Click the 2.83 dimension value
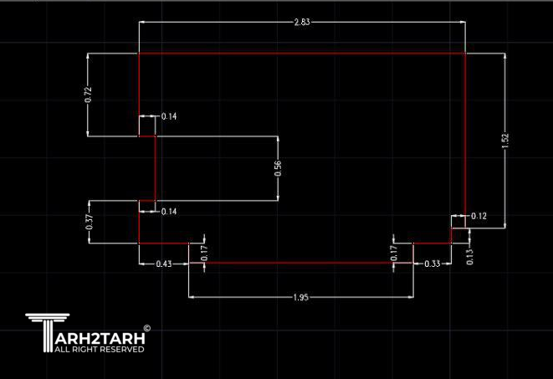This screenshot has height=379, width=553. [x=302, y=23]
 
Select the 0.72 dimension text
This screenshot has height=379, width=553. [x=90, y=95]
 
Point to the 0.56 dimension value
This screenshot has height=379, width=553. [x=278, y=168]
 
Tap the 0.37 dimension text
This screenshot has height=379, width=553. [x=90, y=223]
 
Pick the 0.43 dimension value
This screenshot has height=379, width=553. [x=164, y=264]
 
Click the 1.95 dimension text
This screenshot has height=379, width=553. [x=301, y=297]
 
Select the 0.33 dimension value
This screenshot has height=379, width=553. [x=433, y=264]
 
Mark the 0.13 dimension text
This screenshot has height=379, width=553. [x=469, y=257]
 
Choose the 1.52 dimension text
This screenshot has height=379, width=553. [x=505, y=141]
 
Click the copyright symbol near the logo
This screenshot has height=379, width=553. [x=147, y=329]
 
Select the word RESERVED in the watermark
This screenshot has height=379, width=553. [x=122, y=350]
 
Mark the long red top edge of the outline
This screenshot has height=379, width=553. [x=301, y=54]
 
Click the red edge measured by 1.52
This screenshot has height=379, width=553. [x=465, y=134]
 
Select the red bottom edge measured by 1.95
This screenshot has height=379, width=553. [x=301, y=263]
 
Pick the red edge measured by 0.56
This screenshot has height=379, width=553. [x=155, y=168]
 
